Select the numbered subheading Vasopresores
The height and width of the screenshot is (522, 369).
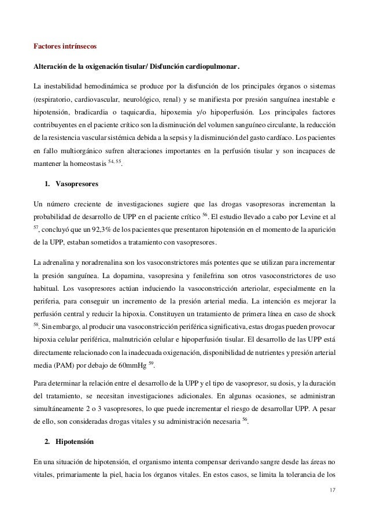coord(76,184)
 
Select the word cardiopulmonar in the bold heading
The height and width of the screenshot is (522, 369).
coord(208,64)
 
